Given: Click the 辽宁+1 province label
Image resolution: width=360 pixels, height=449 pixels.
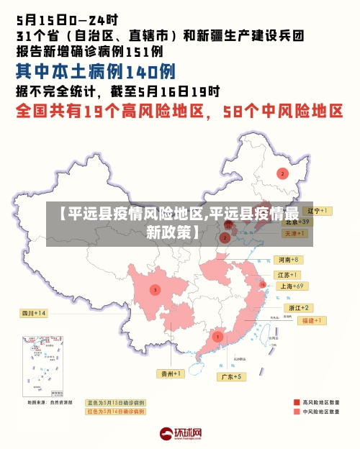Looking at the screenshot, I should tap(318, 211).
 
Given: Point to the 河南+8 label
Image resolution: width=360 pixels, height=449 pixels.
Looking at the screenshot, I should tap(288, 259).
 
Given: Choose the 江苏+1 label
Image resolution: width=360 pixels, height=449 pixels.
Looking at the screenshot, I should tap(288, 275).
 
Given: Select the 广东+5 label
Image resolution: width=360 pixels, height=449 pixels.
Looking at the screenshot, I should tap(233, 376).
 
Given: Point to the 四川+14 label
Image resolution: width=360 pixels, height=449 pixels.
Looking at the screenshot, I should tap(34, 313).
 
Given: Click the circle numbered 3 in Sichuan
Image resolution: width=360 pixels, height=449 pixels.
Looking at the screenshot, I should tap(154, 290).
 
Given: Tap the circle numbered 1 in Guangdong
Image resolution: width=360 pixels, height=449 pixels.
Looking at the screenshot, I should tap(217, 336).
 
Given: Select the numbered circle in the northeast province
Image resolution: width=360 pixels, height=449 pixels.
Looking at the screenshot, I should tap(283, 173).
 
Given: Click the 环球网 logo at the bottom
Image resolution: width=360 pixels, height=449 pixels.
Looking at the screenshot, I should tap(180, 434).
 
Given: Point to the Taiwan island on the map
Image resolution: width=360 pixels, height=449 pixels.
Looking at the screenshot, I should tap(271, 332).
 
